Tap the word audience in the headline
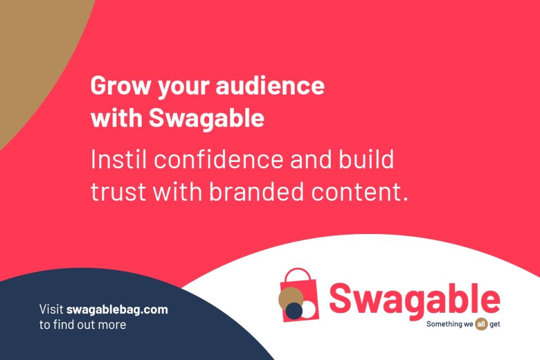pos(270,85)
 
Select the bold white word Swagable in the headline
pos(206,118)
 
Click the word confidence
pos(219,159)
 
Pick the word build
pos(366,159)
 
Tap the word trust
pos(118,192)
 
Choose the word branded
pos(256,191)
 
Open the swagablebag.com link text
pos(117,309)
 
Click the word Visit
pos(51,309)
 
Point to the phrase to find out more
pos(83,325)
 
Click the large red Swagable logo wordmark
pos(415,299)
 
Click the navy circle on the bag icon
pos(294,310)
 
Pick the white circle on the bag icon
pos(308,309)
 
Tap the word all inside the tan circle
pos(481,324)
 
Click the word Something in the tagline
pos(444,324)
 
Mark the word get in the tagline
pos(495,325)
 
